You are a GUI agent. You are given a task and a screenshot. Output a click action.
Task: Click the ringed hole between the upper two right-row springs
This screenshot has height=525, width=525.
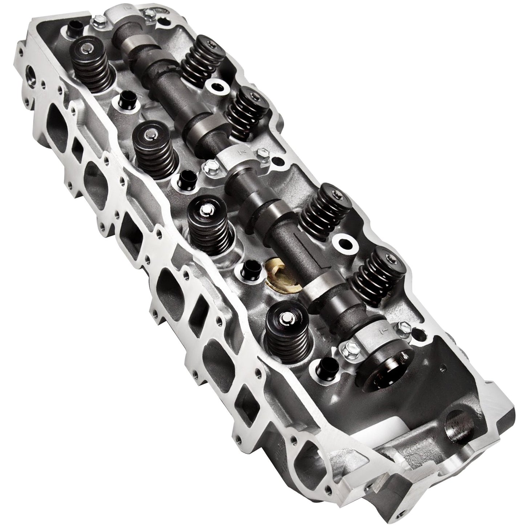[217, 88]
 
